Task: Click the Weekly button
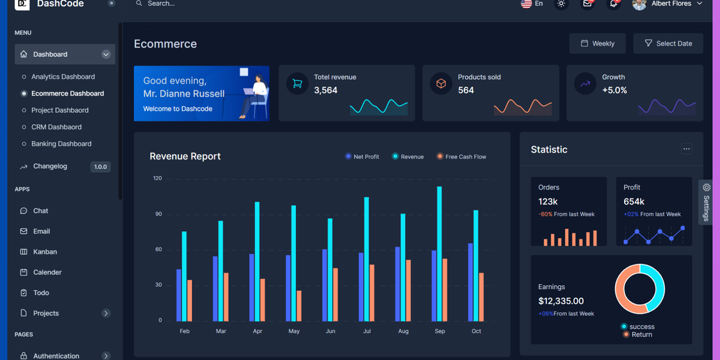597,43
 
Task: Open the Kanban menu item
45,252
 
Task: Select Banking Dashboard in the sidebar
61,144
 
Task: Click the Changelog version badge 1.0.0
100,167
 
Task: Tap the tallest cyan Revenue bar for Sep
439,252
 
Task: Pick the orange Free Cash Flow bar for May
299,306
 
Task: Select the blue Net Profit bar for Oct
470,282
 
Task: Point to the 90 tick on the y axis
158,214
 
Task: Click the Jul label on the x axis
367,331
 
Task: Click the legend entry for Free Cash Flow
465,157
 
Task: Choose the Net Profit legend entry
365,157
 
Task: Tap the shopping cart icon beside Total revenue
297,84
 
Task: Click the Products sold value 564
466,91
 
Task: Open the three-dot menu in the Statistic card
686,149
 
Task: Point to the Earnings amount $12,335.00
560,301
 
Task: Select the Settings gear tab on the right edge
706,201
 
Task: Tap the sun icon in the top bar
561,4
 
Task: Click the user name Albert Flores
671,4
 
